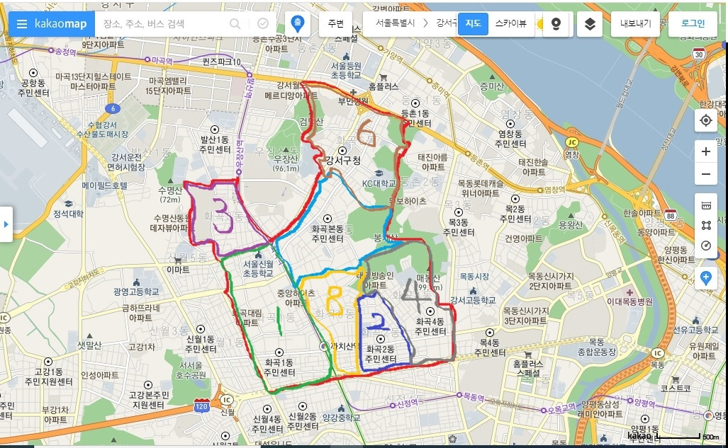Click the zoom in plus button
tap(705, 151)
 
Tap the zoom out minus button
tap(705, 174)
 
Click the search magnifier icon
tap(235, 24)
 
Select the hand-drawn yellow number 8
tap(333, 301)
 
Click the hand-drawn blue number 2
tap(380, 321)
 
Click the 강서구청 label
tap(343, 161)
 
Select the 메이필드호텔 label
tap(105, 185)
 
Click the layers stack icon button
tap(590, 24)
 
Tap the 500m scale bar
tap(681, 436)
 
